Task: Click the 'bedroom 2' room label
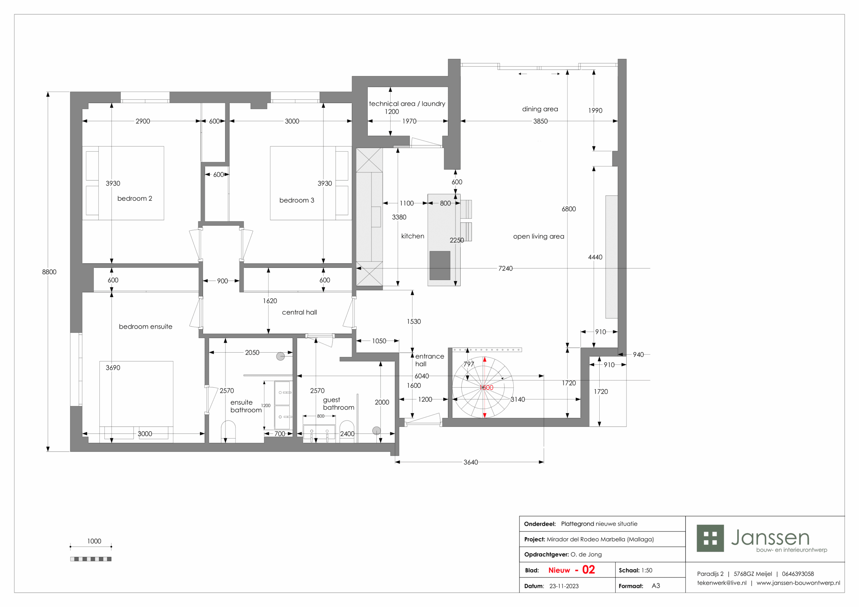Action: [135, 198]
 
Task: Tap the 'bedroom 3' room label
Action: [297, 200]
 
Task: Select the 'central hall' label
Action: [299, 312]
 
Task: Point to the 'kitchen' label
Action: [413, 236]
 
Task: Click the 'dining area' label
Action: [540, 109]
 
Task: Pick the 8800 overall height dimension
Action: [49, 272]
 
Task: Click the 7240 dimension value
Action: [505, 268]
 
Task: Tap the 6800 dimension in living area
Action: [569, 209]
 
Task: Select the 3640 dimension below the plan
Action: [471, 462]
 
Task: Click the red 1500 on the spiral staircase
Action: [486, 387]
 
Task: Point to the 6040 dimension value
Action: [422, 376]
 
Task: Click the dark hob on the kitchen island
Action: [440, 265]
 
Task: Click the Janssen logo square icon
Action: [710, 538]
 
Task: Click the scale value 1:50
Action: [647, 570]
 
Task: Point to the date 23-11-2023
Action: [564, 586]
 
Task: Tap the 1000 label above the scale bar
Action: [94, 541]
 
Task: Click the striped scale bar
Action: [91, 559]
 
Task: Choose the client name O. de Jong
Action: [586, 555]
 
